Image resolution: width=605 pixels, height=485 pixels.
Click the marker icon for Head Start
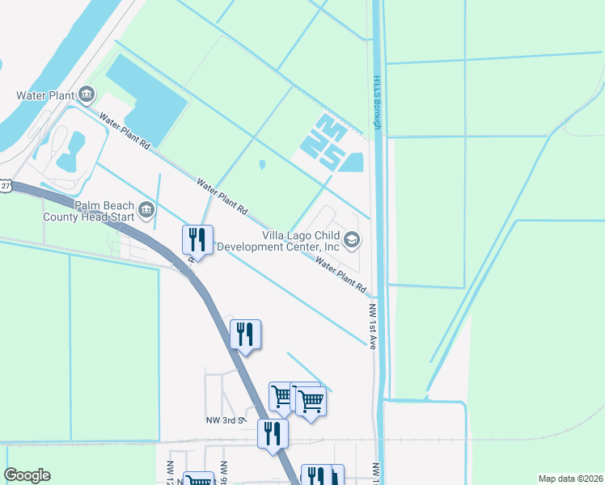pos(146,211)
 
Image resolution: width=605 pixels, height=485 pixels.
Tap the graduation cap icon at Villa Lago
pos(352,239)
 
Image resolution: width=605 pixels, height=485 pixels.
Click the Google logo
pos(27,475)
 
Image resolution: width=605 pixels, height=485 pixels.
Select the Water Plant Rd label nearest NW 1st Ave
pos(341,275)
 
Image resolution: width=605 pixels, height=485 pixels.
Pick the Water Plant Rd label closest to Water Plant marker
pos(125,131)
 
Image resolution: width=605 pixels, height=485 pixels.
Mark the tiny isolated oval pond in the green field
pos(262,165)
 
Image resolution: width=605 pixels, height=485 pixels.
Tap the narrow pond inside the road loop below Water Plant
pos(69,147)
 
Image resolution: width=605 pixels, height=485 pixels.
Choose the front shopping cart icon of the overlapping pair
pos(311,400)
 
